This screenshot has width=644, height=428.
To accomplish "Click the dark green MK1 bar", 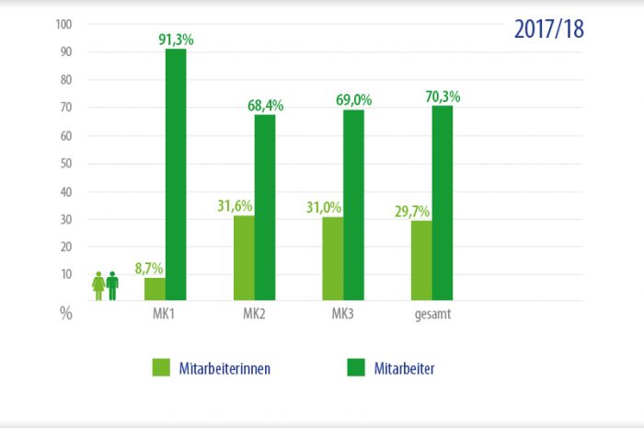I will [176, 175].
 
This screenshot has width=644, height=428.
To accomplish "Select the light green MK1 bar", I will [155, 289].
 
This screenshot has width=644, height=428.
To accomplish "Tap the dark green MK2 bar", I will [265, 207].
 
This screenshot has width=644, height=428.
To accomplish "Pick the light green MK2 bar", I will [244, 258].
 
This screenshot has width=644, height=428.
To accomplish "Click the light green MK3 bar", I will [333, 259].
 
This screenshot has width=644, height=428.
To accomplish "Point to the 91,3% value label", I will [177, 40].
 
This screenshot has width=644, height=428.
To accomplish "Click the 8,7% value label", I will [148, 269].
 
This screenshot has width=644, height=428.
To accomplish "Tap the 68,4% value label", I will [265, 106].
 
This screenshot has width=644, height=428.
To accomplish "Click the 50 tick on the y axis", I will [66, 164].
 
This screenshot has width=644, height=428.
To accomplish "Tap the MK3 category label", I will [342, 315].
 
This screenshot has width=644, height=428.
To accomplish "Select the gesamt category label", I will [431, 315].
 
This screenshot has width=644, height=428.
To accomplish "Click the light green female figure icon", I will [98, 286].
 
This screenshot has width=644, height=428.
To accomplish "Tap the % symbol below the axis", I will [66, 313].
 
